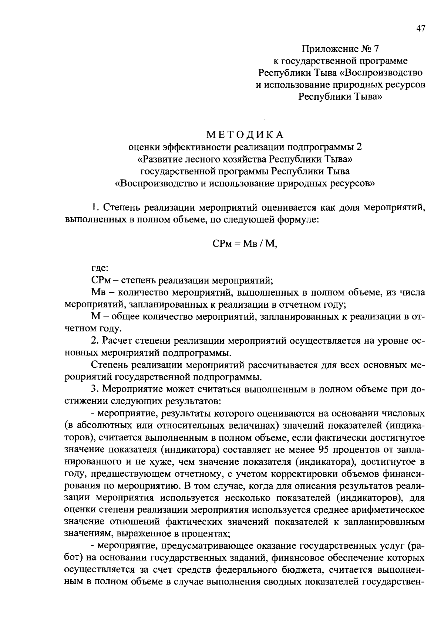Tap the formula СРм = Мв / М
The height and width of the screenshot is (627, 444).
[245, 244]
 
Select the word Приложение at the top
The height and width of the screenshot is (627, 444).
[325, 49]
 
